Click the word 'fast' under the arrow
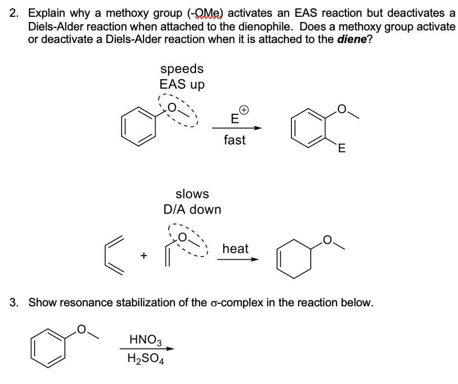[x=234, y=140]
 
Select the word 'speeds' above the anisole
[x=182, y=69]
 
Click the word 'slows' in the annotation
[x=192, y=194]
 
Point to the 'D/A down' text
[x=192, y=209]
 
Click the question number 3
[x=15, y=303]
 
